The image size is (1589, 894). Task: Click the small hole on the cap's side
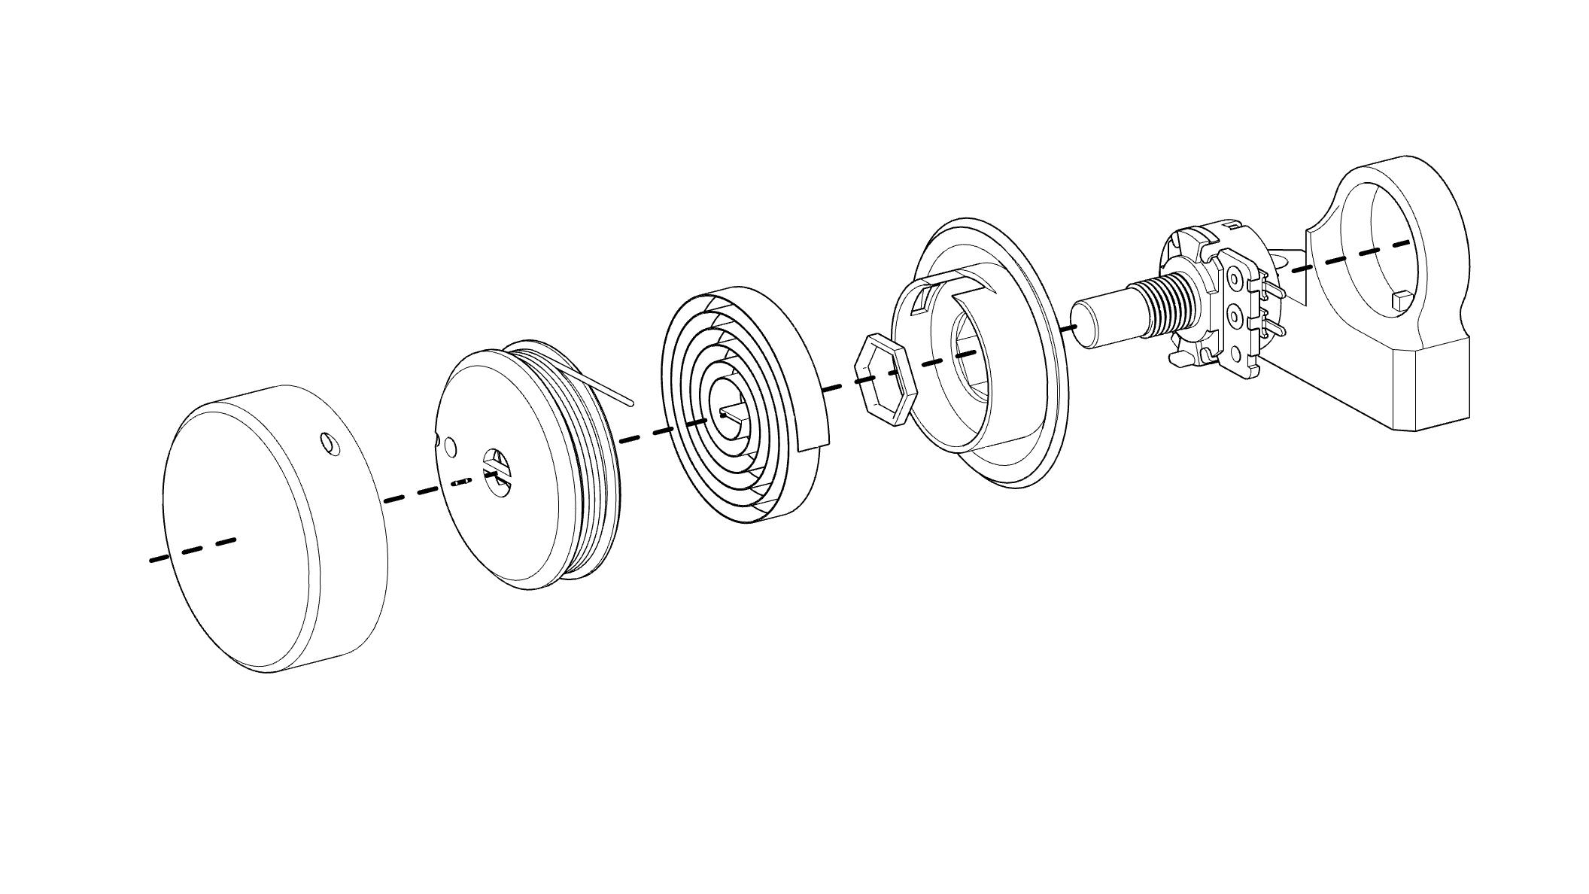pyautogui.click(x=330, y=444)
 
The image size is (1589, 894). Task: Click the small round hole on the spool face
pyautogui.click(x=450, y=447)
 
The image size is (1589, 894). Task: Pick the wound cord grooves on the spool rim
pyautogui.click(x=594, y=489)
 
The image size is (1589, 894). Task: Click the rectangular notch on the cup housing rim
pyautogui.click(x=921, y=303)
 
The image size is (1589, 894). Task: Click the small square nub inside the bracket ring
pyautogui.click(x=1400, y=300)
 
